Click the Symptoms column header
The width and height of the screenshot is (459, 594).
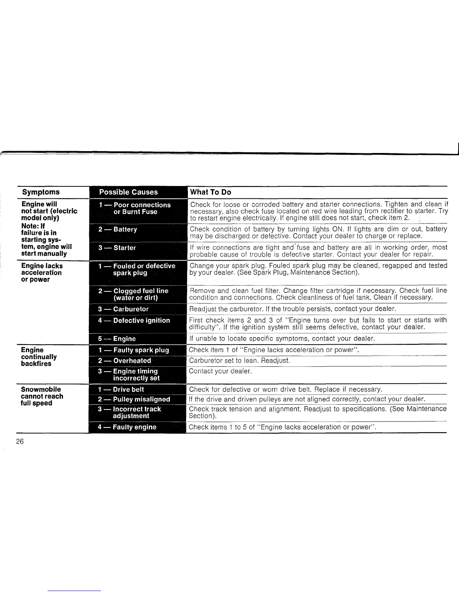[41, 192]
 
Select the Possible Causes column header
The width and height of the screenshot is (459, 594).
[128, 192]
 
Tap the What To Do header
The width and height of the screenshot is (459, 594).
[210, 192]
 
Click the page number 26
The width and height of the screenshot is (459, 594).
[19, 441]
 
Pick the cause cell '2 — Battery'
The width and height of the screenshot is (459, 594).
[118, 229]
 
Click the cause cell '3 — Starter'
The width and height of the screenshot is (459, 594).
[117, 247]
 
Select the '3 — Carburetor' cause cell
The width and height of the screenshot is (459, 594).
[123, 309]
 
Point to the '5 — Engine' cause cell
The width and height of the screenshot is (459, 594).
[117, 339]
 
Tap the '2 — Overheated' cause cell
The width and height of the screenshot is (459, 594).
[124, 360]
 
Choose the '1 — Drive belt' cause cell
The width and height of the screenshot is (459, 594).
[121, 389]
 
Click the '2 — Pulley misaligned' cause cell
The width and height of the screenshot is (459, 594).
[134, 399]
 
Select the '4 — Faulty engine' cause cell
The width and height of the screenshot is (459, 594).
[127, 427]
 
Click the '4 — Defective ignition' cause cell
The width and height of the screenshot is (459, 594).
[134, 320]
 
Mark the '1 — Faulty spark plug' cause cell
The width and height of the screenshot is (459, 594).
[133, 350]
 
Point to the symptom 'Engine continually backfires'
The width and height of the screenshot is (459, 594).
[39, 357]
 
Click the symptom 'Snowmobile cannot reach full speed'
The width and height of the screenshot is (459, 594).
[42, 396]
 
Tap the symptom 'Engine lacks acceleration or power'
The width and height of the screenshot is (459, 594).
[42, 272]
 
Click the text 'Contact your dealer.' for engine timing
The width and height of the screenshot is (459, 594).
[220, 371]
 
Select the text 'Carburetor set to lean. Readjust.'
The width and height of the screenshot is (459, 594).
[239, 360]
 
